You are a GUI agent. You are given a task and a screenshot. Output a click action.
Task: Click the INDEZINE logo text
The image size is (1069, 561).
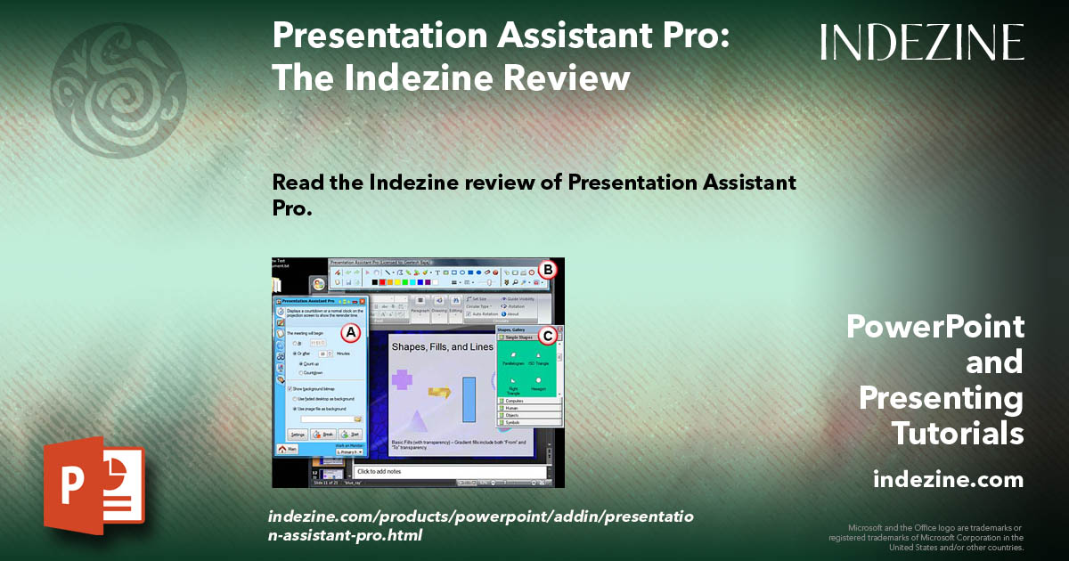pos(922,42)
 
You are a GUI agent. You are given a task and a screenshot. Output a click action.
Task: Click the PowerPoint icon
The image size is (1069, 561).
pos(94,485)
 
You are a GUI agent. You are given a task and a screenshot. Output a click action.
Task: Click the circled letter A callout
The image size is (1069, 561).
pos(352,332)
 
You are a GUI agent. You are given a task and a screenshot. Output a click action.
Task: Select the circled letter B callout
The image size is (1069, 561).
pos(549,268)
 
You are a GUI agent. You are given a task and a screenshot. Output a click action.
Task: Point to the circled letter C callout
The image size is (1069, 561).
pos(549,336)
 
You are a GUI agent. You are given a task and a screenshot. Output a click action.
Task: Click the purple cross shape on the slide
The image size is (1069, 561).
pos(403,378)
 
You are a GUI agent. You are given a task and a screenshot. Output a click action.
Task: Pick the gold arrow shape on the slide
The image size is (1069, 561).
pos(439,391)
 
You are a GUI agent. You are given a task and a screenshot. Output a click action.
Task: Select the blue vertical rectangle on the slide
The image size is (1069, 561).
pos(469,400)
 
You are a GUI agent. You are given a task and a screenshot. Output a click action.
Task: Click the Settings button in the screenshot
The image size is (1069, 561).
pos(298,434)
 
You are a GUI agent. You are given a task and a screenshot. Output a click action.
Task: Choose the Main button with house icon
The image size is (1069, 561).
pos(288,451)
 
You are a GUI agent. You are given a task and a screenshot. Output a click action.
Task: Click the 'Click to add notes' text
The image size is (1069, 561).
pos(380,470)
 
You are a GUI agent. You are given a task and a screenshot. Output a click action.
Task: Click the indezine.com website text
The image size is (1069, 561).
pos(948,480)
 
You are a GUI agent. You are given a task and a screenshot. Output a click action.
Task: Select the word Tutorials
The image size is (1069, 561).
pos(958,434)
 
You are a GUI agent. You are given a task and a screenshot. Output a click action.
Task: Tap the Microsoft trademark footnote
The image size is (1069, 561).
pos(926,537)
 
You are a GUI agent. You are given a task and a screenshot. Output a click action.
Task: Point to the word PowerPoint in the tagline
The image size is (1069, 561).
pos(935,327)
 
